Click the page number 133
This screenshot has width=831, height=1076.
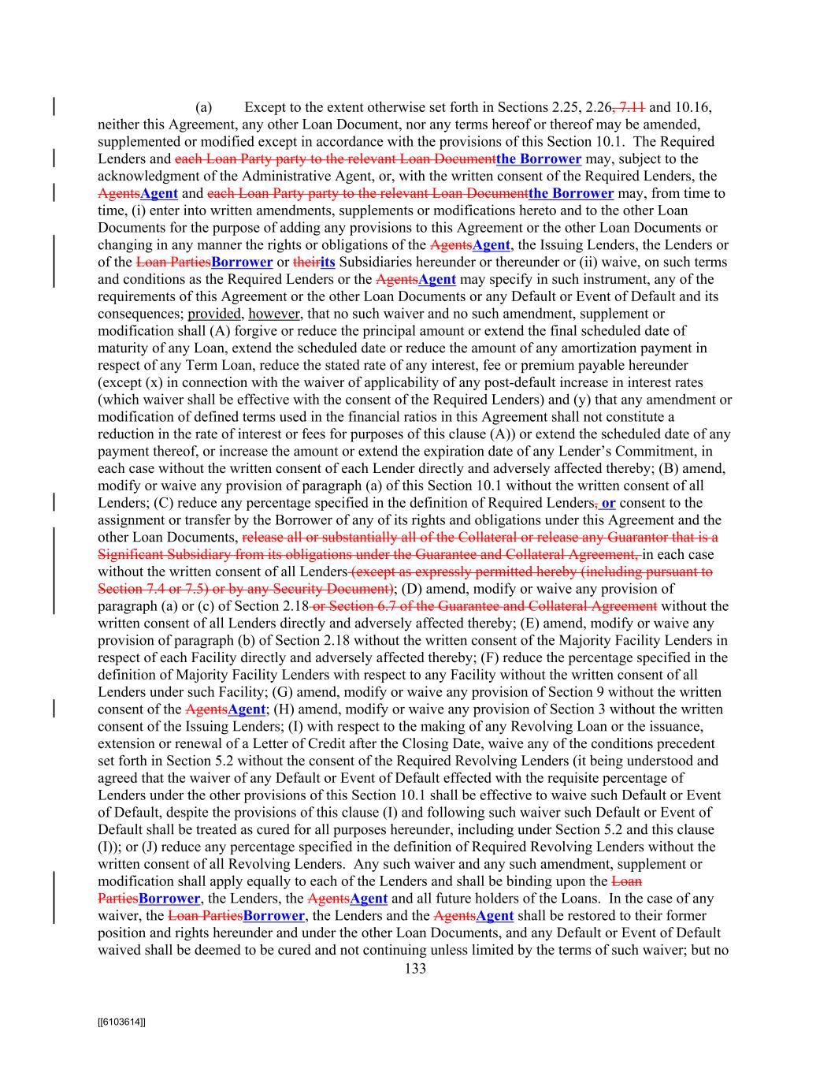click(x=415, y=969)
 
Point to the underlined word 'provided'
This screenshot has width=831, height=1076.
click(x=213, y=314)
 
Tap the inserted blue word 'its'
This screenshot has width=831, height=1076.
click(x=328, y=262)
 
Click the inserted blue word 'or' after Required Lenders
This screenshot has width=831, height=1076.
click(x=608, y=503)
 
